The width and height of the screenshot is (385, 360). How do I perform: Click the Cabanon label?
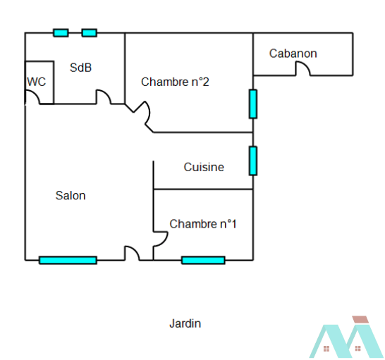[x=293, y=54]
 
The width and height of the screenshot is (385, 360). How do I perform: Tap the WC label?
[x=37, y=82]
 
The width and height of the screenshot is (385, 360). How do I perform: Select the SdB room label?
[x=80, y=68]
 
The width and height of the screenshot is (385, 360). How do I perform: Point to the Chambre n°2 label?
[x=175, y=82]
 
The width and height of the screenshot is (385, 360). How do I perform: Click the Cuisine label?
[x=204, y=167]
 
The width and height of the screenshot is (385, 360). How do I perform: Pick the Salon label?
[x=71, y=196]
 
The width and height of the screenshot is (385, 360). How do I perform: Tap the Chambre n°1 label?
[x=203, y=224]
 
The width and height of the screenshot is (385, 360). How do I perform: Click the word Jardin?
[x=185, y=323]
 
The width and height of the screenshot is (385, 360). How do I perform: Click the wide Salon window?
[x=68, y=260]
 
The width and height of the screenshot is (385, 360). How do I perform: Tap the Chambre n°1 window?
[x=203, y=260]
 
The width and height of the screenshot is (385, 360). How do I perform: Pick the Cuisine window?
[x=253, y=161]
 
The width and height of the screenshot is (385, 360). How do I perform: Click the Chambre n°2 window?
[x=253, y=104]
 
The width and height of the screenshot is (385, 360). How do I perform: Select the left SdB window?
[x=61, y=32]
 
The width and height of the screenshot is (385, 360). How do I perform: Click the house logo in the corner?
[x=346, y=337]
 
